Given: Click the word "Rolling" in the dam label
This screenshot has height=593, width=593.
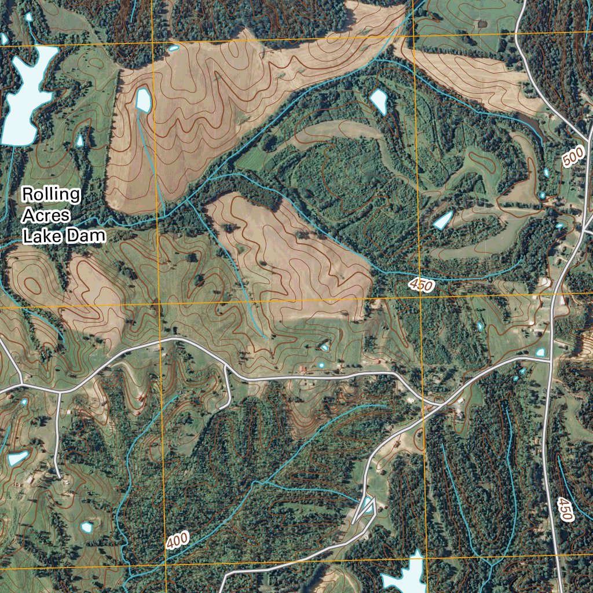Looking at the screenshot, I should [x=51, y=195].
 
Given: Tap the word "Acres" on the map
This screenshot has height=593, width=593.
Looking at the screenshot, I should [x=46, y=215].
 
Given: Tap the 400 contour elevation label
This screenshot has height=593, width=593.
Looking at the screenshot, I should [x=177, y=541].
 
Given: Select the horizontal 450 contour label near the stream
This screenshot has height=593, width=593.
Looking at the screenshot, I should [x=421, y=285].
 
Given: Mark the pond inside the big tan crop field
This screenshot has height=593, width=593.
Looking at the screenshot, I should [x=143, y=100].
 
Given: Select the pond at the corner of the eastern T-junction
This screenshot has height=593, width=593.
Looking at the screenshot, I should [x=541, y=352].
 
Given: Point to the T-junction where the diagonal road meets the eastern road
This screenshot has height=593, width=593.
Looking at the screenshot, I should [x=550, y=360].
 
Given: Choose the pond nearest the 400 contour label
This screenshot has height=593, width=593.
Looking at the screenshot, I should [x=87, y=527].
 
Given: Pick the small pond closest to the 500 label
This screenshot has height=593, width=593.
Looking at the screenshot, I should [x=546, y=173].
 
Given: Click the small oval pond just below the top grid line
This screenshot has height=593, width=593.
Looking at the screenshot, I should [x=173, y=47].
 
